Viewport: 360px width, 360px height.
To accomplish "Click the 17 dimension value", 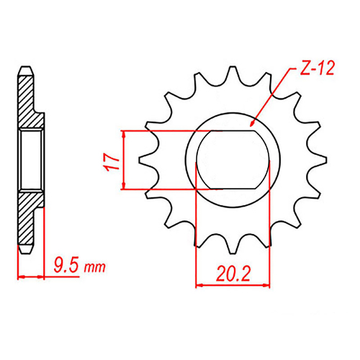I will (x=110, y=161).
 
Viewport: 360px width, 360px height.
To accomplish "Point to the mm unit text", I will (x=94, y=269).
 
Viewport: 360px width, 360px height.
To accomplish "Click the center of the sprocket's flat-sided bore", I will (x=233, y=160).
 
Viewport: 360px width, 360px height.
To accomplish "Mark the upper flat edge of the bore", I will (x=233, y=132).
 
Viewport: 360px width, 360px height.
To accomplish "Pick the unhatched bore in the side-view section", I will (x=32, y=160).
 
